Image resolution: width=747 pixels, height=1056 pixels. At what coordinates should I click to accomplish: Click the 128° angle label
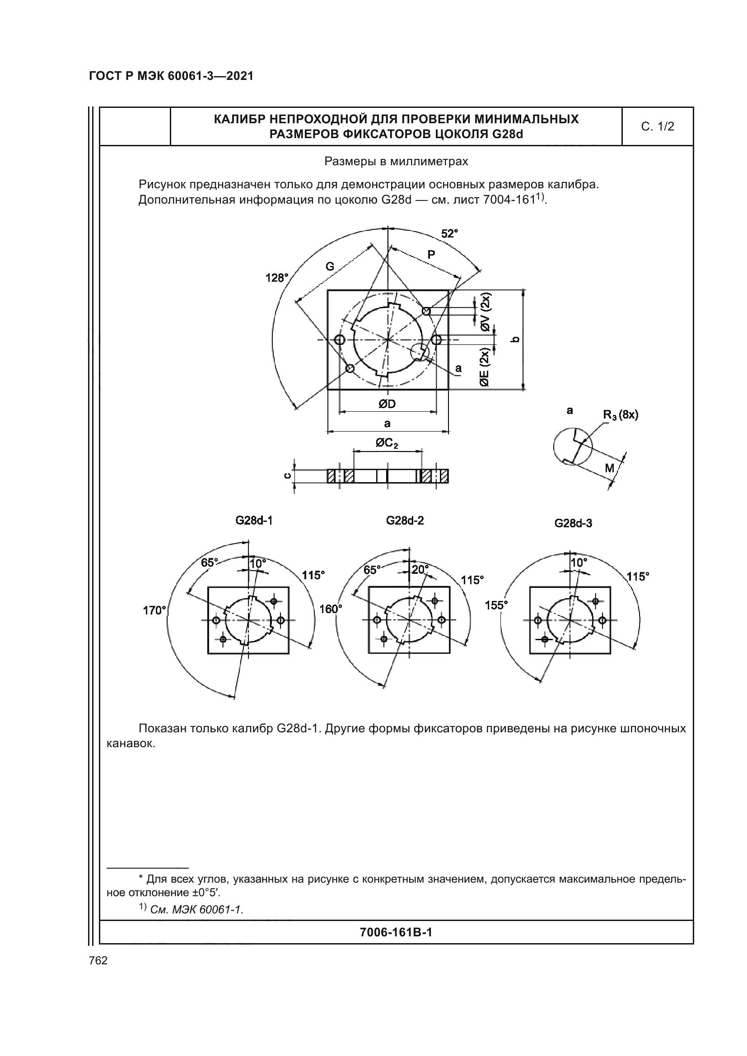277,278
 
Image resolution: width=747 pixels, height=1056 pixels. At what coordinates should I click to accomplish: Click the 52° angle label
449,234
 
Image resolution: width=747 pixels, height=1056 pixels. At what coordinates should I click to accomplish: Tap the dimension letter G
330,267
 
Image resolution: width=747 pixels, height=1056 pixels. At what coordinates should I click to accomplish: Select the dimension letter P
431,254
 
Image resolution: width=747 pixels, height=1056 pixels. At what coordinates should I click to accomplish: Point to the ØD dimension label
388,404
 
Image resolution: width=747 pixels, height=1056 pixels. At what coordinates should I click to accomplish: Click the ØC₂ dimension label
387,443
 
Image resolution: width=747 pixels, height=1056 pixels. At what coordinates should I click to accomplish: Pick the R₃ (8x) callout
621,415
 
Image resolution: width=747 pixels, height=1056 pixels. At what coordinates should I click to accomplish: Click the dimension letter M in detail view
609,468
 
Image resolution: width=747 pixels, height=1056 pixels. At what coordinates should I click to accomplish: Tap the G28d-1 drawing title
254,520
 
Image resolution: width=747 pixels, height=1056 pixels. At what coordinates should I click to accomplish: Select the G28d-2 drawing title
405,520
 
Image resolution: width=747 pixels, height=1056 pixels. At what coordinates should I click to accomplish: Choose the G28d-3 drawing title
573,523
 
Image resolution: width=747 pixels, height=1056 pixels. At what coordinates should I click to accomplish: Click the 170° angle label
154,610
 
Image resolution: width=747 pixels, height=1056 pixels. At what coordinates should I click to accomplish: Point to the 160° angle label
331,609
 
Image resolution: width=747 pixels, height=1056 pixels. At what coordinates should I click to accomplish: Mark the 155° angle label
496,605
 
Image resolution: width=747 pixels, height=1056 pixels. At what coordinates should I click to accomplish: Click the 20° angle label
420,569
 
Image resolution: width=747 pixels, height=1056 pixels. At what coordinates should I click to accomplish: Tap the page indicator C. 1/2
657,126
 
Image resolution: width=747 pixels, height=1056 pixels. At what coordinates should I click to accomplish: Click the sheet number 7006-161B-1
396,932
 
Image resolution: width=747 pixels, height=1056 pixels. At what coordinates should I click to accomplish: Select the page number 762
98,960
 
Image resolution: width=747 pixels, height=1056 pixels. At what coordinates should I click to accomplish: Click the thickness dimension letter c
287,475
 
